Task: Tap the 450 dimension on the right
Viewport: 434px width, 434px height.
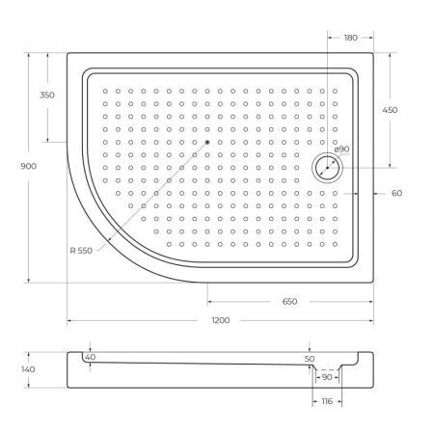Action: click(x=390, y=111)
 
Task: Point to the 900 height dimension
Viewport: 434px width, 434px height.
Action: click(x=29, y=167)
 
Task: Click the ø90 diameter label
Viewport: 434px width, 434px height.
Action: click(x=340, y=149)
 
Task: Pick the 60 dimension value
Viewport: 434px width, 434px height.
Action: click(x=396, y=193)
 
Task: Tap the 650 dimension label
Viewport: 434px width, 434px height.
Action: click(x=290, y=302)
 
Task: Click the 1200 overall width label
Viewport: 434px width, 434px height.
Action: click(x=220, y=321)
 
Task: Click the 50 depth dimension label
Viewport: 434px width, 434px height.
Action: click(x=310, y=359)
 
